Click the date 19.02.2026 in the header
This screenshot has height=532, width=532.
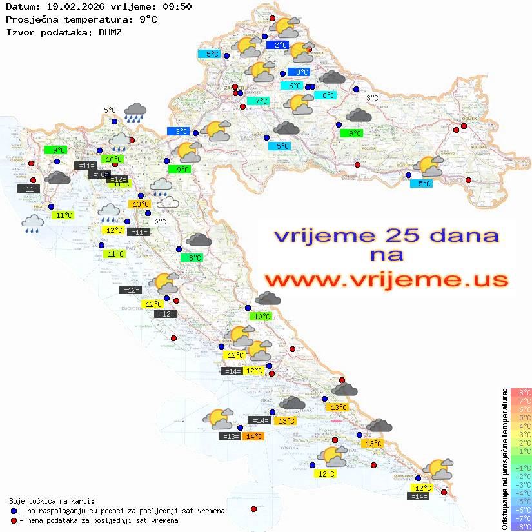click(73, 7)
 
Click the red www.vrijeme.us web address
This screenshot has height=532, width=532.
click(386, 279)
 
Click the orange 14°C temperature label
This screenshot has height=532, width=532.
click(254, 437)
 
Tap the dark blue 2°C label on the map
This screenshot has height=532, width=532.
click(281, 45)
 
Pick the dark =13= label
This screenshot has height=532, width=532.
click(230, 437)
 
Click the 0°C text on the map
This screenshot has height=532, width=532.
click(160, 222)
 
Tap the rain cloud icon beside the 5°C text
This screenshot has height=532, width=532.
click(135, 112)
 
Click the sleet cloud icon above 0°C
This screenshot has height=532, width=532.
click(169, 204)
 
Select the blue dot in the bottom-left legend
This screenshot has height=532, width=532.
click(14, 511)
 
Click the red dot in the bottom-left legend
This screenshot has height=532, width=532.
click(14, 520)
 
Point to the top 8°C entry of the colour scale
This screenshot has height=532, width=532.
click(520, 393)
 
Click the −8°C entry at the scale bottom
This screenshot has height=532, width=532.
click(520, 526)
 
